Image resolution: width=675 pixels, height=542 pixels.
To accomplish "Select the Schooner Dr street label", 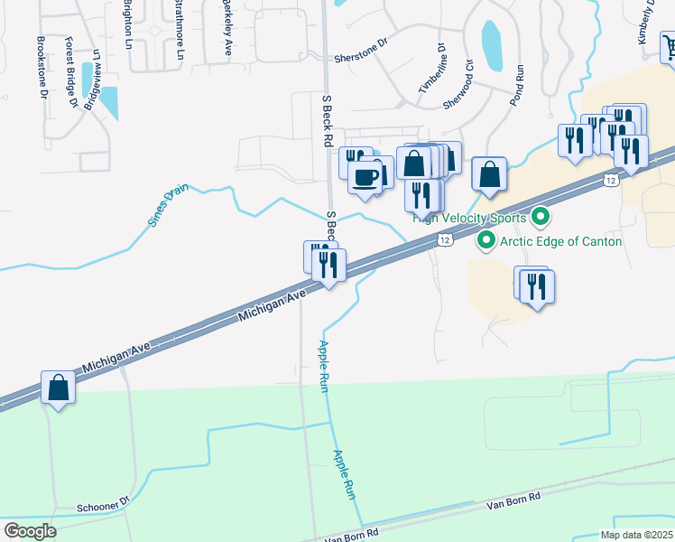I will [x=104, y=504].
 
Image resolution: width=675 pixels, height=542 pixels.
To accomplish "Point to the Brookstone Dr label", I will [x=41, y=68].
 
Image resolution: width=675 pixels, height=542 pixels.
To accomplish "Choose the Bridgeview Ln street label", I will [x=92, y=80].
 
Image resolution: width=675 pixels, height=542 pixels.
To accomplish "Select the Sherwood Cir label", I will [x=458, y=86].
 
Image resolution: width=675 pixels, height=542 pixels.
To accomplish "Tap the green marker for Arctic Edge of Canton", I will [x=485, y=241].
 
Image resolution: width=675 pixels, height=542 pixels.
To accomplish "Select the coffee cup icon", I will [x=365, y=176].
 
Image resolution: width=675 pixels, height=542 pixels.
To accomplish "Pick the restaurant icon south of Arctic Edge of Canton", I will [x=537, y=287].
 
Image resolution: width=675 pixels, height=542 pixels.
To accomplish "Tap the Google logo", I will [x=29, y=530].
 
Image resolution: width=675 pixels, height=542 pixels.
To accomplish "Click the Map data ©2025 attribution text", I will [x=637, y=535].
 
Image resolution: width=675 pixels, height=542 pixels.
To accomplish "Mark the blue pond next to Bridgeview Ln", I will [x=108, y=102].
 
